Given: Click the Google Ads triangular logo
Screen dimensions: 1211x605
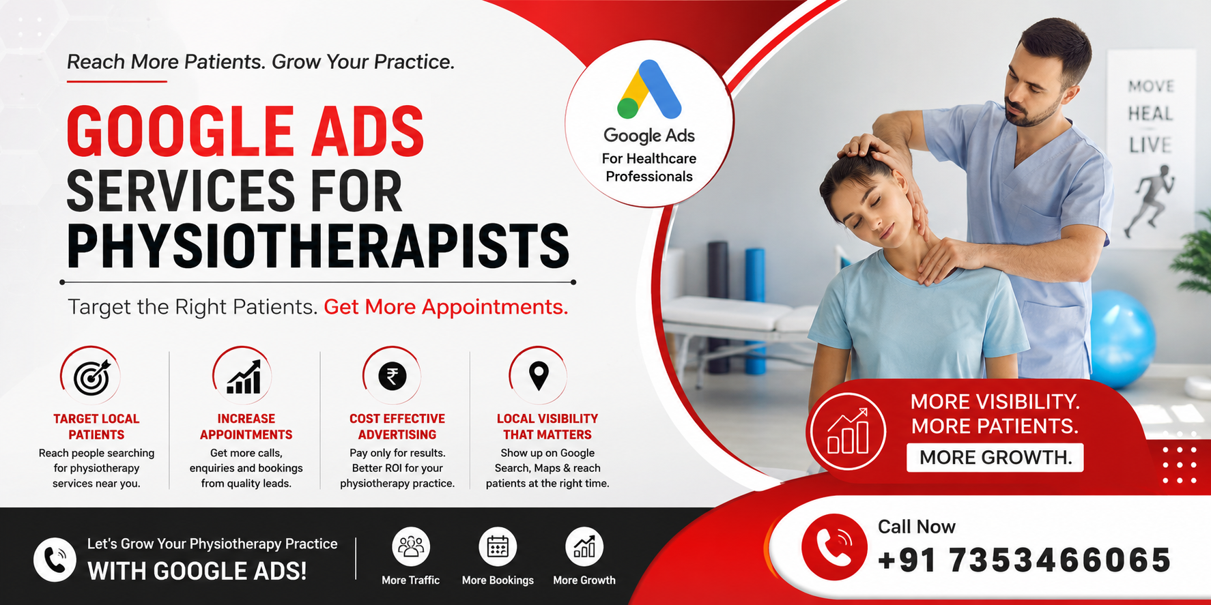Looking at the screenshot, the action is [x=649, y=90].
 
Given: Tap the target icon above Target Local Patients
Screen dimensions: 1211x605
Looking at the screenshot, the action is [x=92, y=377].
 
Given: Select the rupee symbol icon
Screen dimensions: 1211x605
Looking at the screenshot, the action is [x=393, y=376].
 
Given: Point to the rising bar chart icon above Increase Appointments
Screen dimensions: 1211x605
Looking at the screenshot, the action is [x=244, y=377].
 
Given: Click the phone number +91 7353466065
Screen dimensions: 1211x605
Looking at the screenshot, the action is [x=1024, y=561].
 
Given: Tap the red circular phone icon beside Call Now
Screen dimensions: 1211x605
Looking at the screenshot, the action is [x=834, y=547].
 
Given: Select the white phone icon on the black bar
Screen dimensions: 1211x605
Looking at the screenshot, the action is [x=55, y=559].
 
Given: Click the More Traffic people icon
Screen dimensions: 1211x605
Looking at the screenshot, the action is [x=411, y=546].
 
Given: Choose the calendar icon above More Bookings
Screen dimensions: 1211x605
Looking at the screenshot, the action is [x=498, y=546].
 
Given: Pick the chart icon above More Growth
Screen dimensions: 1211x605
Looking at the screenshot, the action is [x=584, y=546].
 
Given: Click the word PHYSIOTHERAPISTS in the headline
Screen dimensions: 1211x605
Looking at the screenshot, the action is [x=318, y=246].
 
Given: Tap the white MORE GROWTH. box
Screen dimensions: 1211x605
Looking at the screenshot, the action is [x=995, y=458].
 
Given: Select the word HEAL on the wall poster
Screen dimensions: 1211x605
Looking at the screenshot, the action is [x=1150, y=114].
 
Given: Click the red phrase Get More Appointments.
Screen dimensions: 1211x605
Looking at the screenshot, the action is [x=446, y=308].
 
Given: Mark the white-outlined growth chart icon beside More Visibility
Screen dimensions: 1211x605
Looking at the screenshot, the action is [x=847, y=432].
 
